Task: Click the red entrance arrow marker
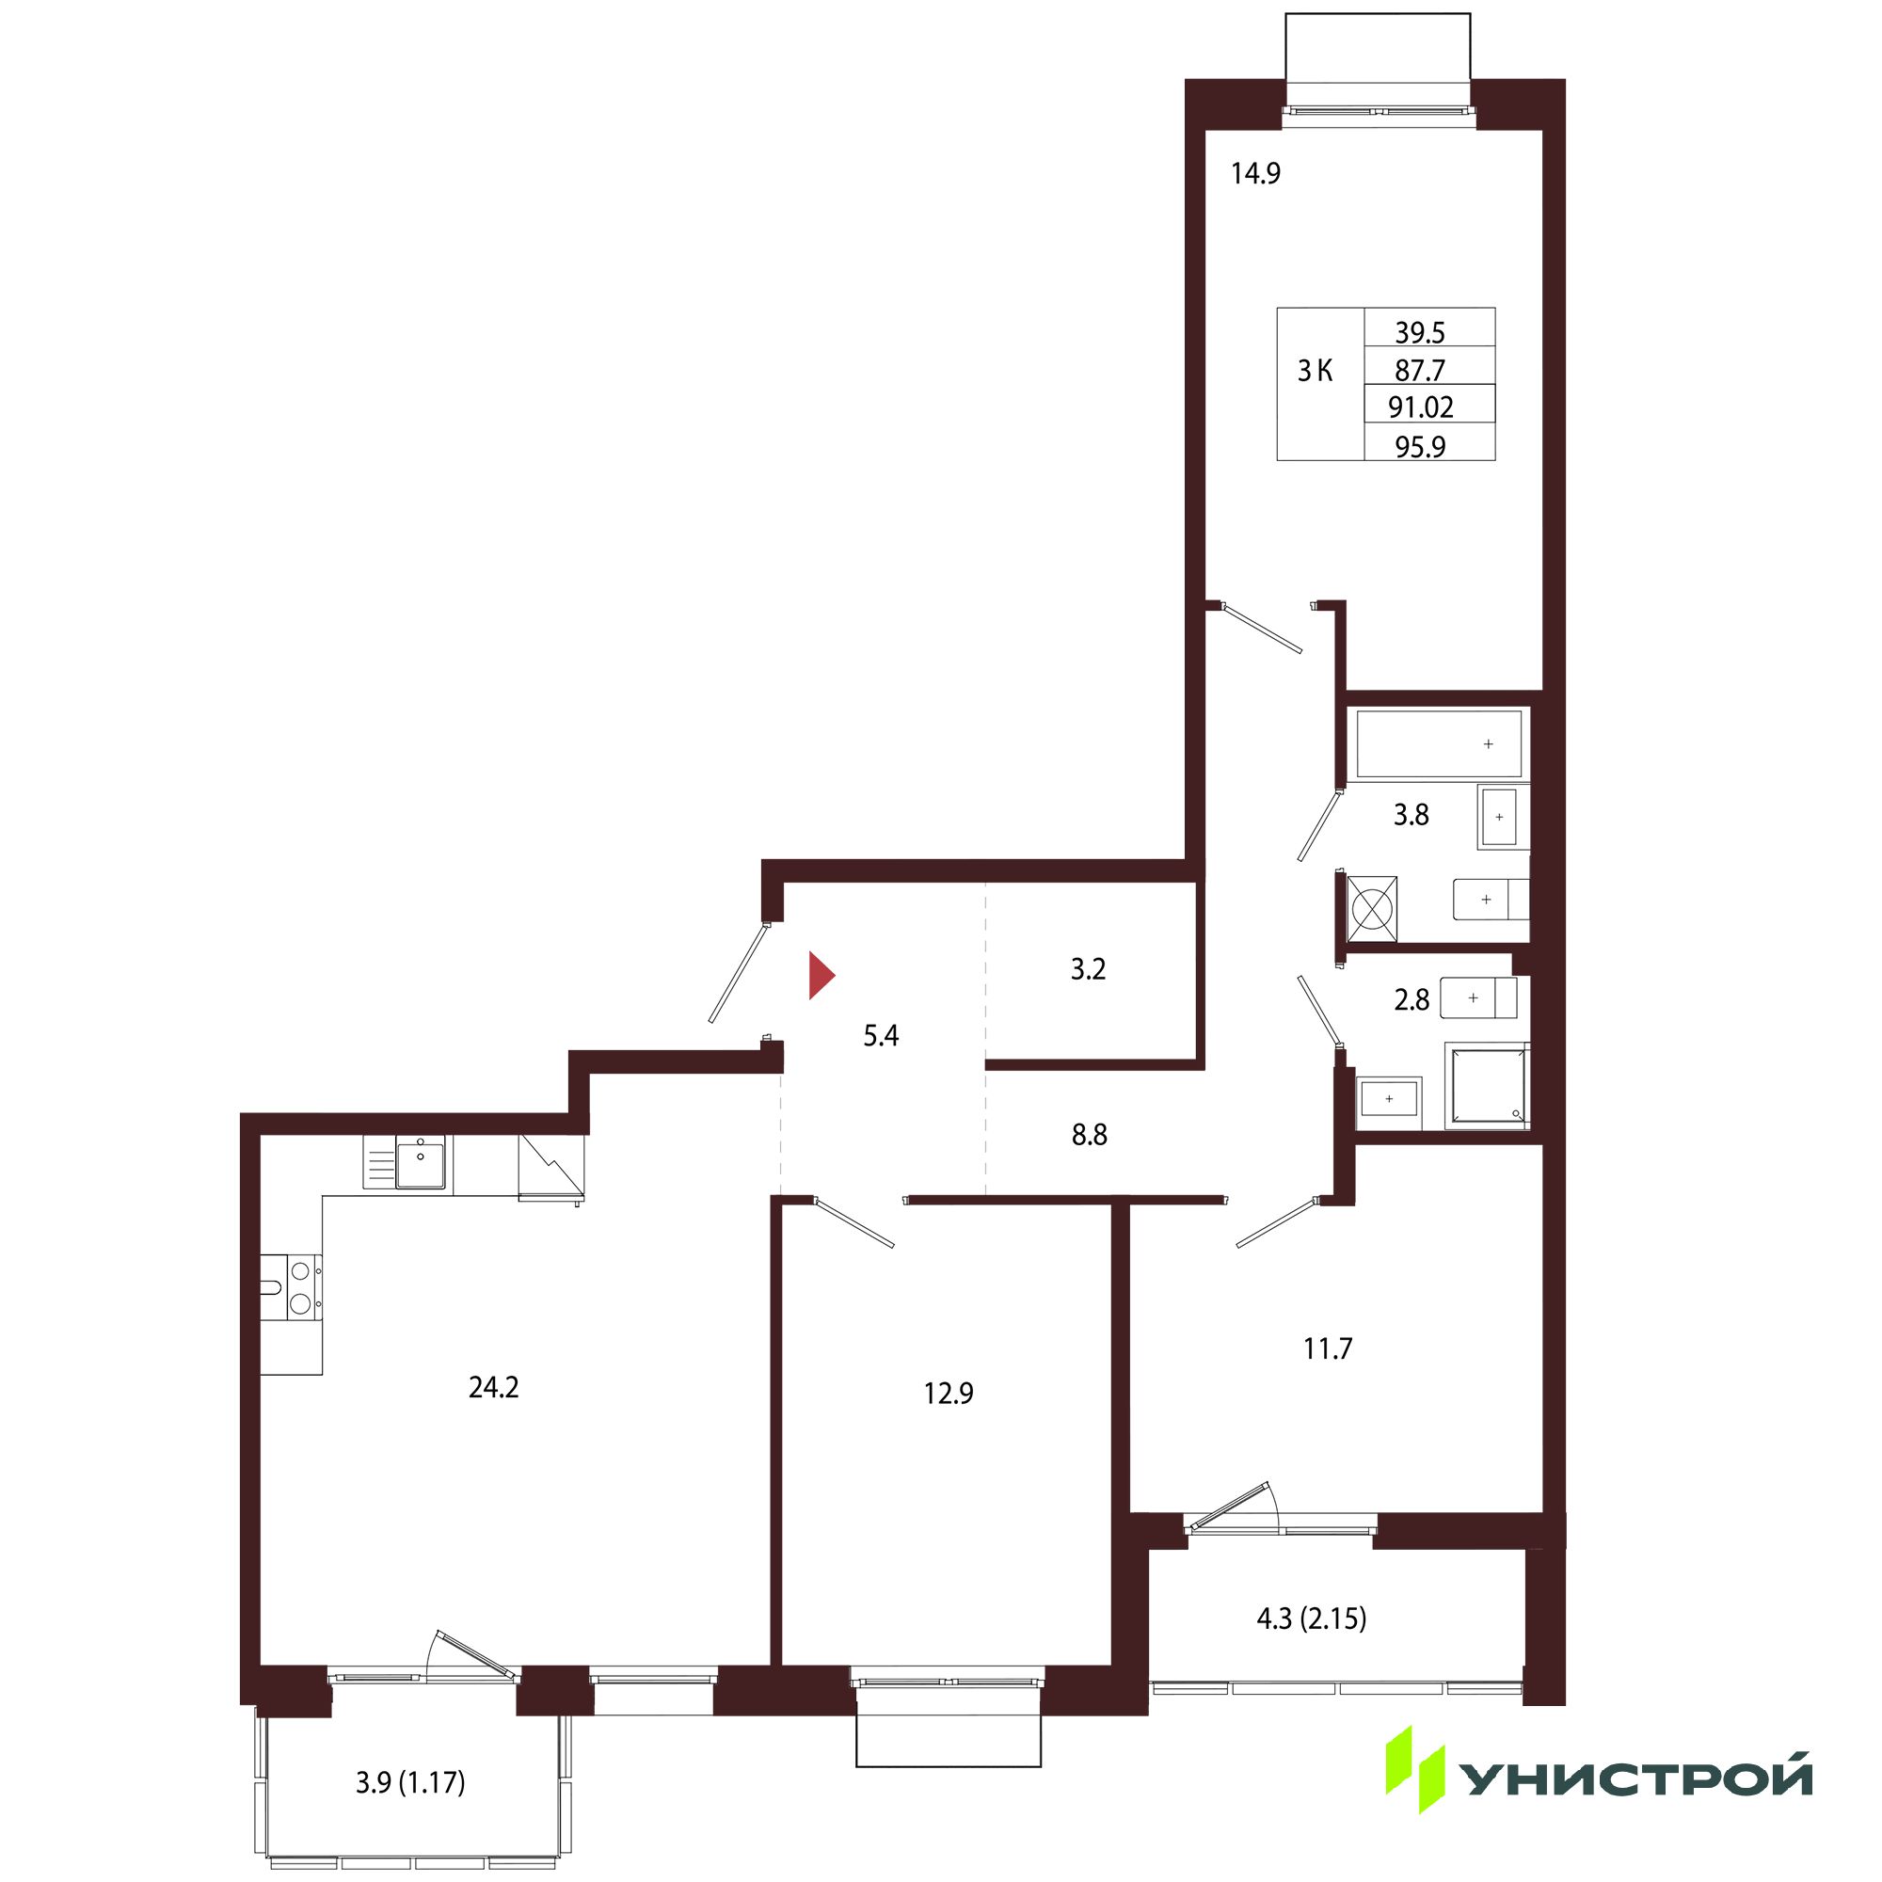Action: click(x=821, y=976)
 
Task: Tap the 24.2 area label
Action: click(x=494, y=1387)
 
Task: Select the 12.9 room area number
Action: click(x=949, y=1394)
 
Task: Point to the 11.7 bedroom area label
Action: click(x=1328, y=1349)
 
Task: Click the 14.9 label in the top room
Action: click(x=1255, y=173)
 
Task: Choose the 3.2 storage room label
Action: click(x=1088, y=970)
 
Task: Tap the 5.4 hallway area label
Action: click(x=881, y=1035)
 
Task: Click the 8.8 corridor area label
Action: click(x=1089, y=1135)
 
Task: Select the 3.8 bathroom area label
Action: click(x=1411, y=814)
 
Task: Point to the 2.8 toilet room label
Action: click(x=1411, y=999)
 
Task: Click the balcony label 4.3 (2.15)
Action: click(x=1311, y=1619)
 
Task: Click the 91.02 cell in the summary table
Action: click(x=1420, y=407)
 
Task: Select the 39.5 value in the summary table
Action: click(x=1420, y=333)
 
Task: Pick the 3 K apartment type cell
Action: click(x=1316, y=371)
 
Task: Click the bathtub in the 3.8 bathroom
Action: click(x=1438, y=744)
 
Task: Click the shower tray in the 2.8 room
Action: click(x=1487, y=1086)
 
